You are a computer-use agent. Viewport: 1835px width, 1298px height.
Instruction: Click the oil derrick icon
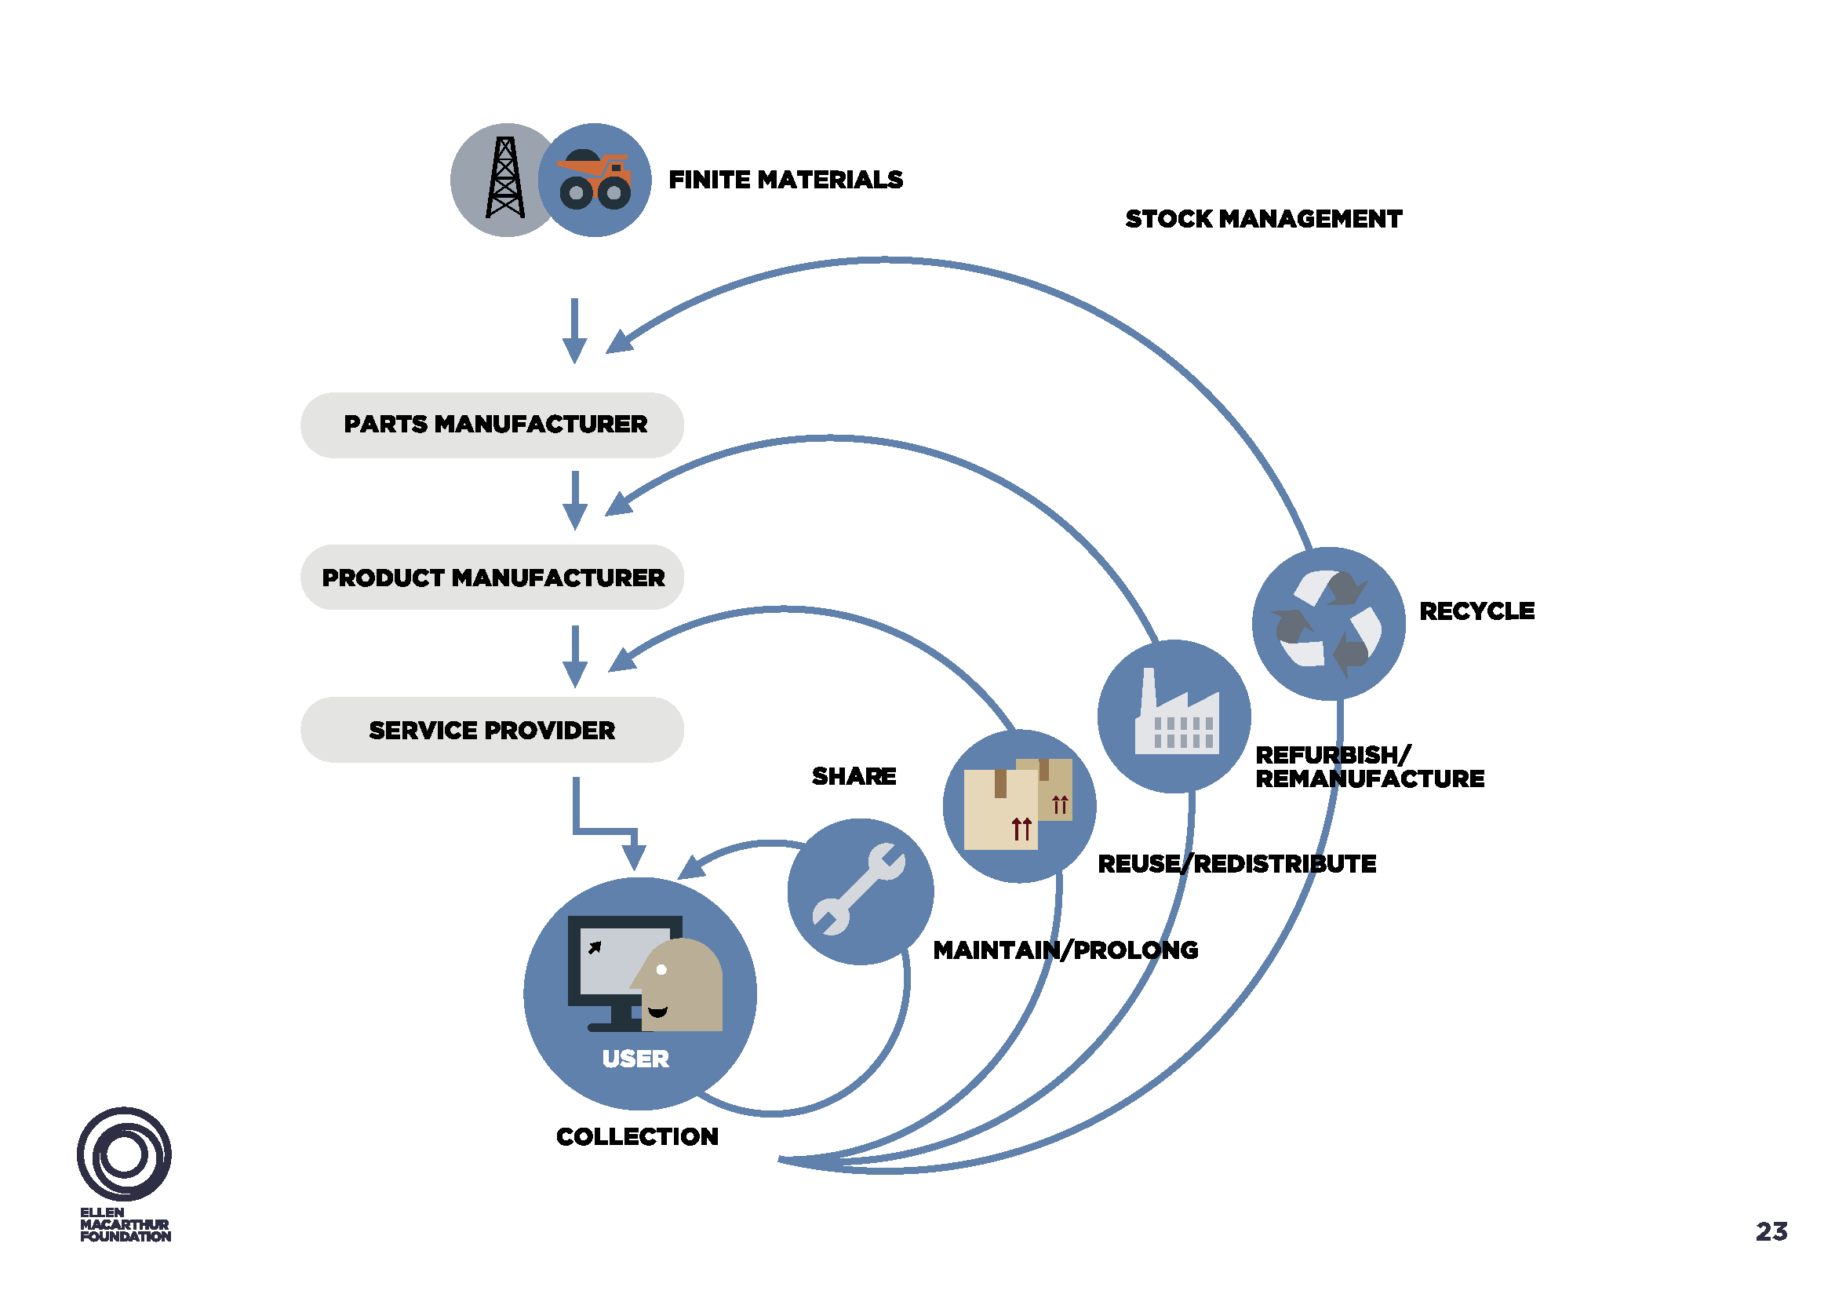505,178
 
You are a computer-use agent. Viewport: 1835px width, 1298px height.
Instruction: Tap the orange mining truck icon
595,180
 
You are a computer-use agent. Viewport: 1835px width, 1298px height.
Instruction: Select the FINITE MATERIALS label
785,180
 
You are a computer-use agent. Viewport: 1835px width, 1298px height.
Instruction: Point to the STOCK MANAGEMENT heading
1263,219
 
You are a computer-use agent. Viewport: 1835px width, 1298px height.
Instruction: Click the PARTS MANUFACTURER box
493,425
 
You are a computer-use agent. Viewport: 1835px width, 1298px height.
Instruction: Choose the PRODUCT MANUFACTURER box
493,577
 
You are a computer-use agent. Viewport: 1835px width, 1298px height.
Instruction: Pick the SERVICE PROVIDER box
493,730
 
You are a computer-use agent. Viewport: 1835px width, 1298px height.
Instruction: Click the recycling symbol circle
1328,623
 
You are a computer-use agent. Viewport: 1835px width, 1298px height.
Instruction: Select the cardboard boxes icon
1017,804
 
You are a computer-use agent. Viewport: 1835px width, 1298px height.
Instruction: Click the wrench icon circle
860,891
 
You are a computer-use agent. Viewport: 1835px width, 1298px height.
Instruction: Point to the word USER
635,1059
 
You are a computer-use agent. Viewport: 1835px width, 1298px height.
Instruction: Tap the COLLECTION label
637,1136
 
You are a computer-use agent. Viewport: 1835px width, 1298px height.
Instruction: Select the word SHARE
854,776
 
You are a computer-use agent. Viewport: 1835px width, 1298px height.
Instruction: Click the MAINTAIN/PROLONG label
1065,950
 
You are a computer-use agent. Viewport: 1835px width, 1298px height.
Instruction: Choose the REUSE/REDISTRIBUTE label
1236,863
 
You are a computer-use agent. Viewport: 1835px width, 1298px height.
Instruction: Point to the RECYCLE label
1476,611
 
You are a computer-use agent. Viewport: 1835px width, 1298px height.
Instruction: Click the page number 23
1771,1231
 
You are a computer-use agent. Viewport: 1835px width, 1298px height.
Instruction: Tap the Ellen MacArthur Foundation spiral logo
124,1154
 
